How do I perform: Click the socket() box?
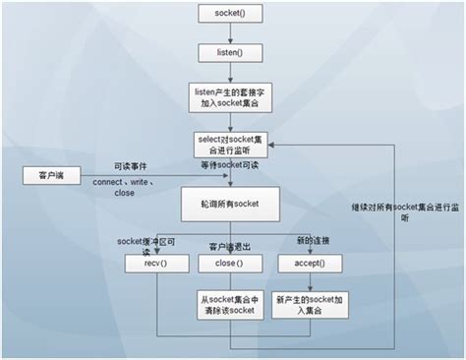(228, 14)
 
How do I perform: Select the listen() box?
(228, 51)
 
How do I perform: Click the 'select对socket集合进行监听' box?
(228, 145)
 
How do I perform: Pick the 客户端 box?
(51, 175)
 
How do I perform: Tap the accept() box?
(308, 264)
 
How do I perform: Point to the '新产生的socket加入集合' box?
(308, 304)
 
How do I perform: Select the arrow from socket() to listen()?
(228, 32)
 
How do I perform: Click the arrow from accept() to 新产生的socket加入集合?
(308, 281)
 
